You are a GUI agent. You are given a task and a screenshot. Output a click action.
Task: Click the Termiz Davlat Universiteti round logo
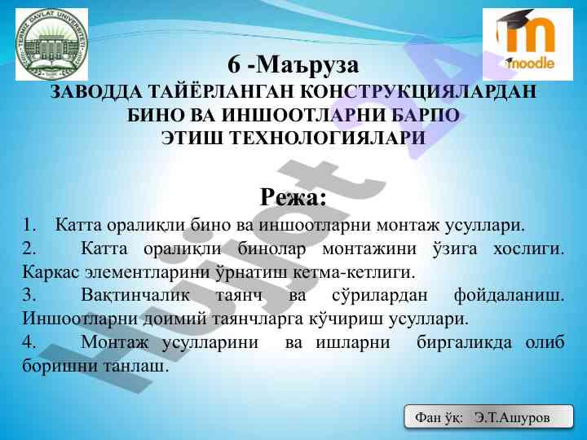coord(51,44)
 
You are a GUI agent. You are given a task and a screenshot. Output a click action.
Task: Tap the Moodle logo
coord(527,44)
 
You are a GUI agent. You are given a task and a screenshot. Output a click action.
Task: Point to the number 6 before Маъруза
coord(234,65)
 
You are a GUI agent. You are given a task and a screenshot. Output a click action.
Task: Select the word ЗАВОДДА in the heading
coord(96,91)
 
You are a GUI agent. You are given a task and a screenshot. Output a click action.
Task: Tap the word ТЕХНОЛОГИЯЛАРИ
coord(327,138)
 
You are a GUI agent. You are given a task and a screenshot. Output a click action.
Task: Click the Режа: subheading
coord(293,197)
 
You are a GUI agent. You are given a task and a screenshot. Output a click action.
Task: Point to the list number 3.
coord(29,295)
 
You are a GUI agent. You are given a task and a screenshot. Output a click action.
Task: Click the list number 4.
coord(29,342)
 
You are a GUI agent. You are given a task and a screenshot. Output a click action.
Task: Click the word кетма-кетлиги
coord(354,272)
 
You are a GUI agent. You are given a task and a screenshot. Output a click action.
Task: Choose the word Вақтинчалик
coord(135,295)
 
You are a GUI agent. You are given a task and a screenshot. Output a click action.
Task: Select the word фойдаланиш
coord(509,296)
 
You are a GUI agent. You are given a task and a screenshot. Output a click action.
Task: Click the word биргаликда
coord(464,342)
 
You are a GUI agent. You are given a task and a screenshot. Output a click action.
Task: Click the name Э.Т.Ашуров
coord(512,417)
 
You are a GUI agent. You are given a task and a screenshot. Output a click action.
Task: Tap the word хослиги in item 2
coord(528,249)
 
